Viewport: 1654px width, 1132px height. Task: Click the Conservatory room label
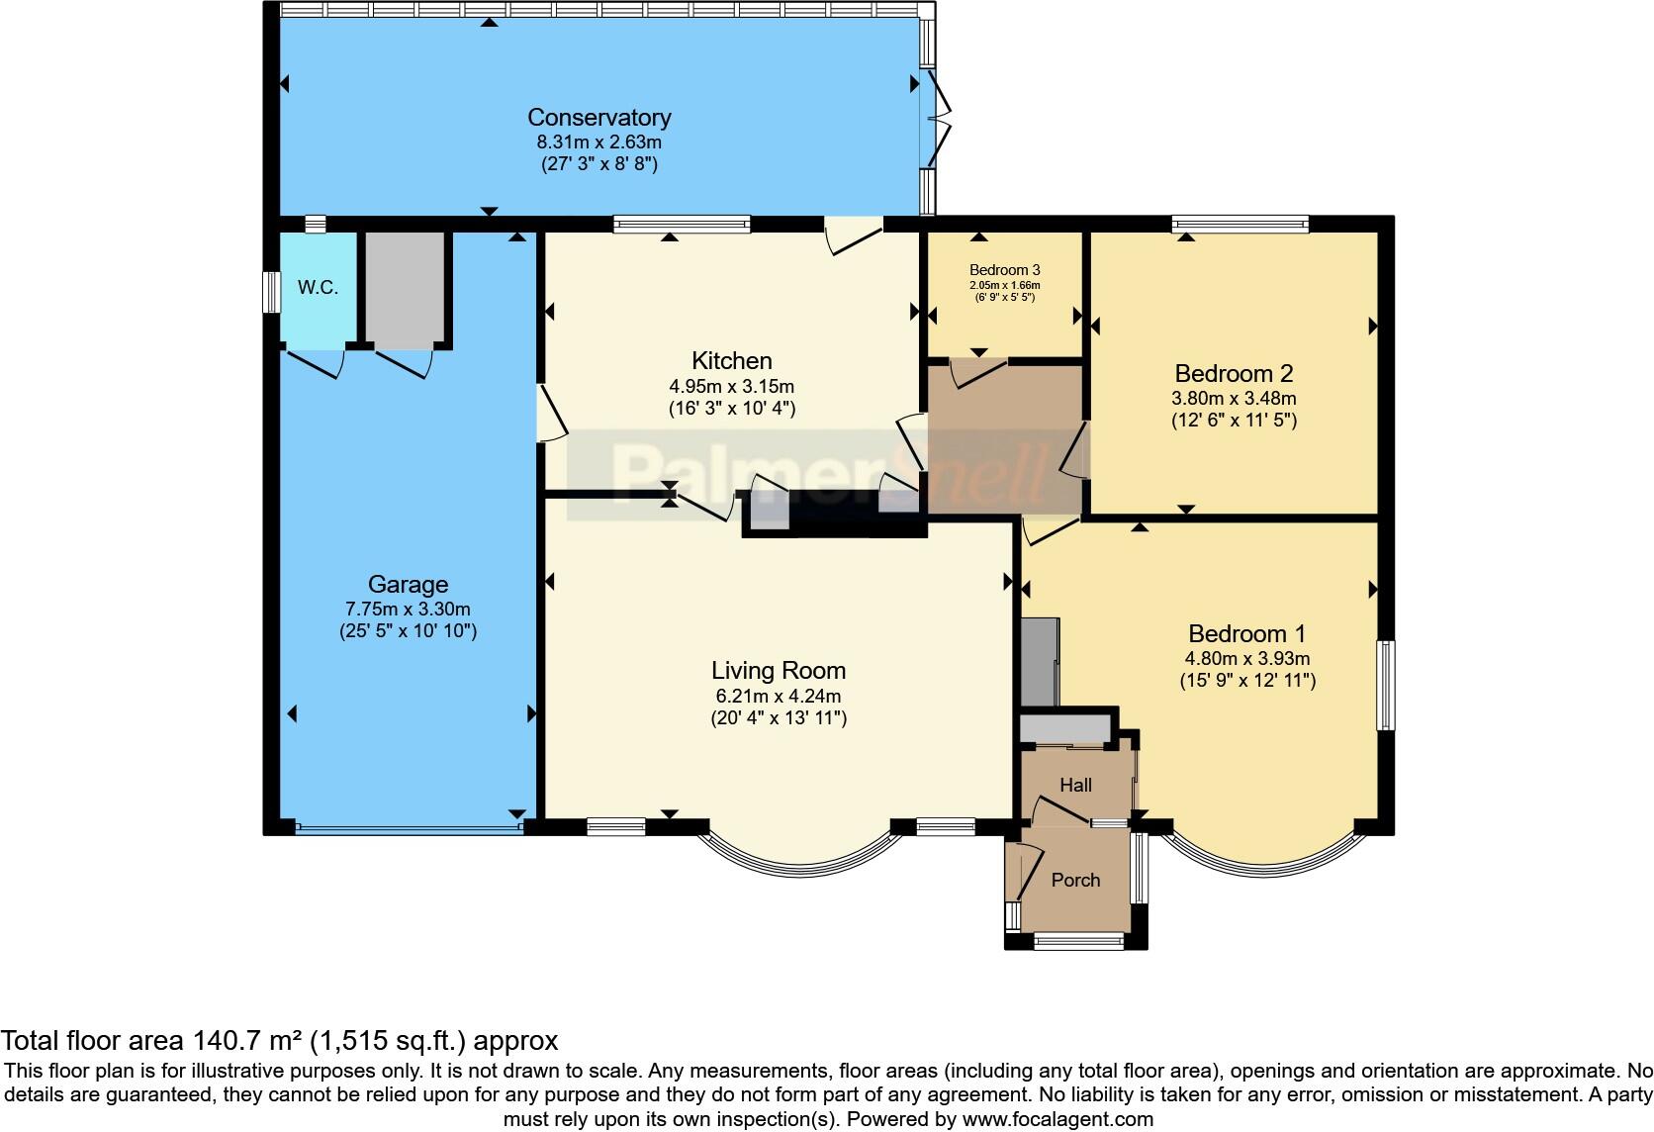pyautogui.click(x=598, y=118)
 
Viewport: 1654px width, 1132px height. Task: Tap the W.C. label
pyautogui.click(x=318, y=288)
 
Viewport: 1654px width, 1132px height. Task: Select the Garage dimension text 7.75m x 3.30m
pyautogui.click(x=408, y=609)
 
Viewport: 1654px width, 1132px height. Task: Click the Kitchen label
pyautogui.click(x=731, y=361)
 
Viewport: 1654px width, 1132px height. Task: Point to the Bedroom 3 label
pyautogui.click(x=1004, y=270)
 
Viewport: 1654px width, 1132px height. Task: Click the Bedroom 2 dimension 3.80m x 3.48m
pyautogui.click(x=1233, y=399)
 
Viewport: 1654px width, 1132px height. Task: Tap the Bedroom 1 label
pyautogui.click(x=1246, y=633)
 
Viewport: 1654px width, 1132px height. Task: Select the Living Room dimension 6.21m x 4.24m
pyautogui.click(x=778, y=696)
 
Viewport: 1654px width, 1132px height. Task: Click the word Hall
pyautogui.click(x=1075, y=785)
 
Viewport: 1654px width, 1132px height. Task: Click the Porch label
pyautogui.click(x=1075, y=880)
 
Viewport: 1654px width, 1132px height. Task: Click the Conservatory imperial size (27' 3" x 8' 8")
pyautogui.click(x=598, y=164)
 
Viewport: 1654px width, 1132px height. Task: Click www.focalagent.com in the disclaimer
pyautogui.click(x=1057, y=1119)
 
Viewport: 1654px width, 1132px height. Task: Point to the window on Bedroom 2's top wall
pyautogui.click(x=1240, y=225)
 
